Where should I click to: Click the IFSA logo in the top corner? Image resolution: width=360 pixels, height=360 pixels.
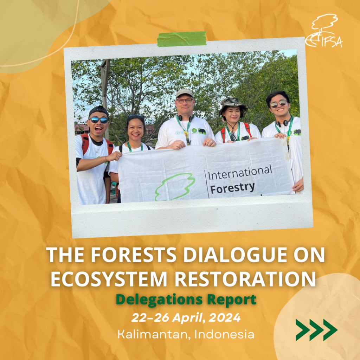[x=323, y=32]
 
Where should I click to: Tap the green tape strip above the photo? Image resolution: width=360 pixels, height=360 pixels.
[x=182, y=39]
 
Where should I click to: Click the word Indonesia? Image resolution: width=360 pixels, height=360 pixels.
[x=224, y=334]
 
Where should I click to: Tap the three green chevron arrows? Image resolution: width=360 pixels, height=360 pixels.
[x=316, y=330]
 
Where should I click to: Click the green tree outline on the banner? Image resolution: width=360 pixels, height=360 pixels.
[x=175, y=187]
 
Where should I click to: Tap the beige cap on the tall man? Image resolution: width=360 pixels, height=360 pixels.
[x=184, y=93]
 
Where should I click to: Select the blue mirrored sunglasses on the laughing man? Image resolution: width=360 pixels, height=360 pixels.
[x=99, y=120]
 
